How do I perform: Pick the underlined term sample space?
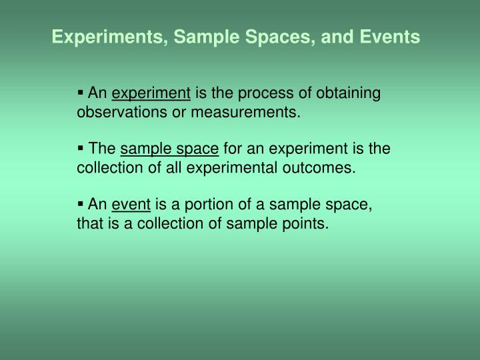(169, 149)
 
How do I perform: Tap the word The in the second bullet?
(102, 149)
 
